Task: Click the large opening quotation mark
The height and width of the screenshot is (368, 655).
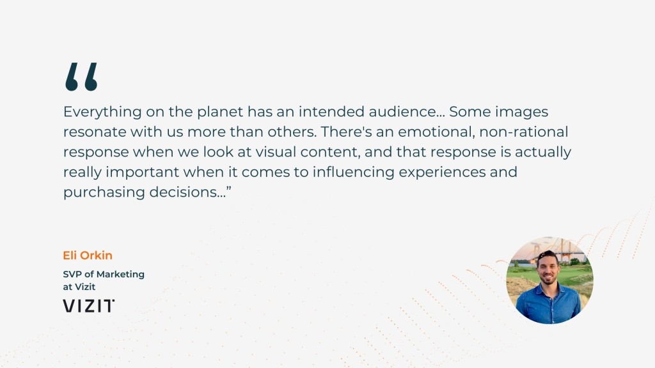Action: point(81,77)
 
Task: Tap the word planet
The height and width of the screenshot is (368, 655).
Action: point(220,112)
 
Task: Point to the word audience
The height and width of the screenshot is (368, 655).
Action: point(402,112)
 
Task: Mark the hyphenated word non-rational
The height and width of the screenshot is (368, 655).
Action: point(523,132)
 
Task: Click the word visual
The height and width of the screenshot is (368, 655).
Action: point(276,152)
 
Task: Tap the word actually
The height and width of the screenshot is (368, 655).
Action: point(542,152)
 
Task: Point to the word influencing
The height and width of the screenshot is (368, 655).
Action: point(353,172)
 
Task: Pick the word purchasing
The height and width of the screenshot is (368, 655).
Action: point(104,192)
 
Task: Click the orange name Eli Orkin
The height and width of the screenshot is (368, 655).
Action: point(88,256)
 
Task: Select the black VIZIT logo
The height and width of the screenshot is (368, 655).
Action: point(88,306)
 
